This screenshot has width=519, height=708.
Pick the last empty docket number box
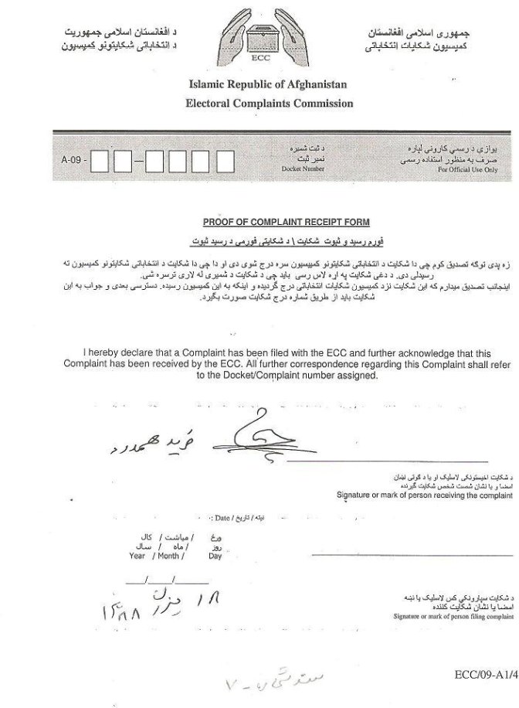click(x=225, y=162)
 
